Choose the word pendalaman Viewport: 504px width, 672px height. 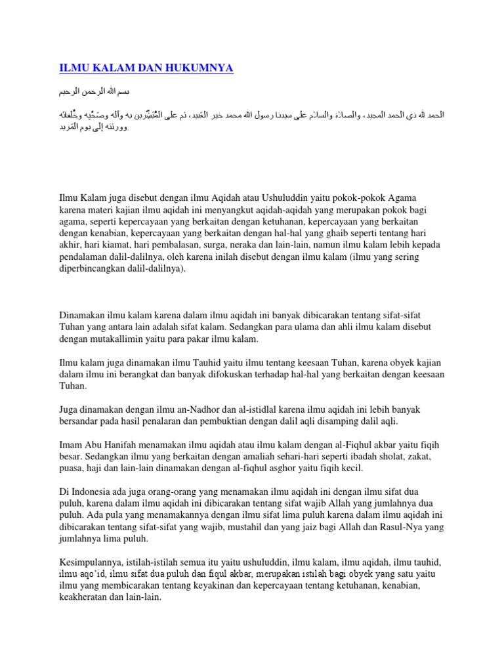(x=83, y=257)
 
